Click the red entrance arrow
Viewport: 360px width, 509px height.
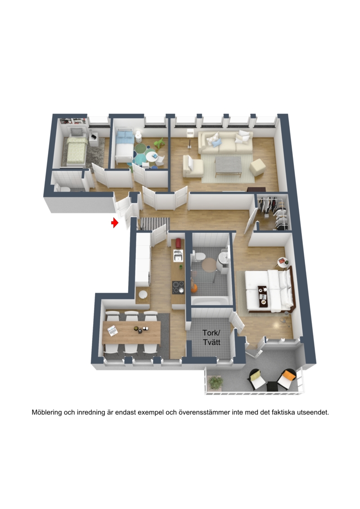coord(115,223)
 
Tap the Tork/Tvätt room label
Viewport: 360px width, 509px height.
coord(211,337)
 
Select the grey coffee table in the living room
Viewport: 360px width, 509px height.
coord(229,165)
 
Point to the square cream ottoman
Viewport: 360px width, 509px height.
coord(258,167)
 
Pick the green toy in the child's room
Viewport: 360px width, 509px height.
coord(159,143)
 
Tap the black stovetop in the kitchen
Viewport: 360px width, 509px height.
coord(178,287)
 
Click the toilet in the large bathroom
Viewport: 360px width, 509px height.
coord(198,256)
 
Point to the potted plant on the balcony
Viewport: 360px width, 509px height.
coord(216,383)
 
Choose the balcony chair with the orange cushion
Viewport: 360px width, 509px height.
coord(286,379)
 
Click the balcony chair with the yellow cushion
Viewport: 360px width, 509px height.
coord(257,379)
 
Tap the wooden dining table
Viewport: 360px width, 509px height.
coord(131,332)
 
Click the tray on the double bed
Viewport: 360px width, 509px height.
coord(262,295)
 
